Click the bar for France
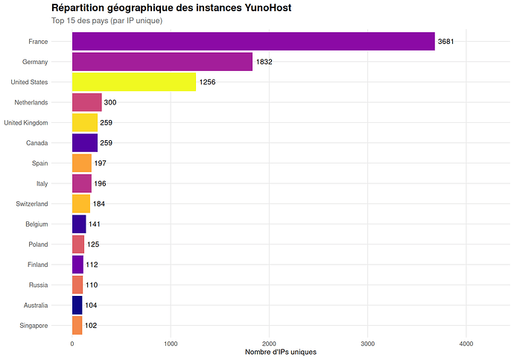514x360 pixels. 253,42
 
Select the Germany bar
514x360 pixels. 162,62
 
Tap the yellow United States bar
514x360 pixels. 134,82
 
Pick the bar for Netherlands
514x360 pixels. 86,102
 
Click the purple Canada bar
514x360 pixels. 85,142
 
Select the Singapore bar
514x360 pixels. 77,325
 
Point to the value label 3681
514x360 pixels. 446,42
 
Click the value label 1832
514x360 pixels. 264,62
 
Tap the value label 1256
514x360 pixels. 207,82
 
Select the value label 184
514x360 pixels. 99,203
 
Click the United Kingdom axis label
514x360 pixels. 26,122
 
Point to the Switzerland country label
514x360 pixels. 32,203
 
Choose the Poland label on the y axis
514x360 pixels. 38,244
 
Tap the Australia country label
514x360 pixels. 34,305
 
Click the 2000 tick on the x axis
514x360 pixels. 270,344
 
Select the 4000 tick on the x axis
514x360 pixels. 466,344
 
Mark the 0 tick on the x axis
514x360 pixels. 72,344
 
